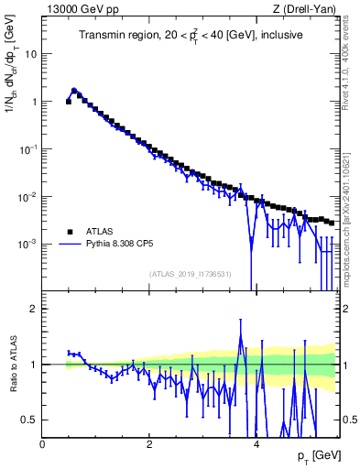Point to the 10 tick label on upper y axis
point(31,54)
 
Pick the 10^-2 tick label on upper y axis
point(28,197)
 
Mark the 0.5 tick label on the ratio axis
point(30,420)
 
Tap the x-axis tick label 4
point(256,443)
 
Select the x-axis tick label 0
point(42,443)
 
